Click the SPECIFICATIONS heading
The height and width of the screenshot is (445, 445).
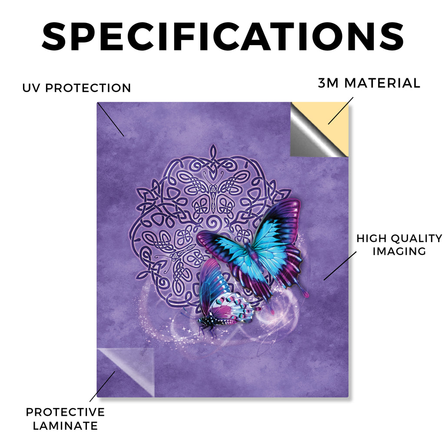223,37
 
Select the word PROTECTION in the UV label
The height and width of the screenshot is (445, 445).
88,88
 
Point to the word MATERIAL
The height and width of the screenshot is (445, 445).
382,83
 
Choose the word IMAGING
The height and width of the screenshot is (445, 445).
399,251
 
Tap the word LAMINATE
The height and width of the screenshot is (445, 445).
65,426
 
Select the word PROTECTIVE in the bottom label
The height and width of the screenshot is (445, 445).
65,412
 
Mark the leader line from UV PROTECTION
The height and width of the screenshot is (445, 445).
111,120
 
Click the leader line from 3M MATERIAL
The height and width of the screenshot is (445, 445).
341,111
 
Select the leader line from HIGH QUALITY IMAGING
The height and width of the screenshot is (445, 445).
340,266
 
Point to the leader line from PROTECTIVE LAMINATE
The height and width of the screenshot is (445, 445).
103,386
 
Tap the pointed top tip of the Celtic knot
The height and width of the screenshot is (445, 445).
212,145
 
